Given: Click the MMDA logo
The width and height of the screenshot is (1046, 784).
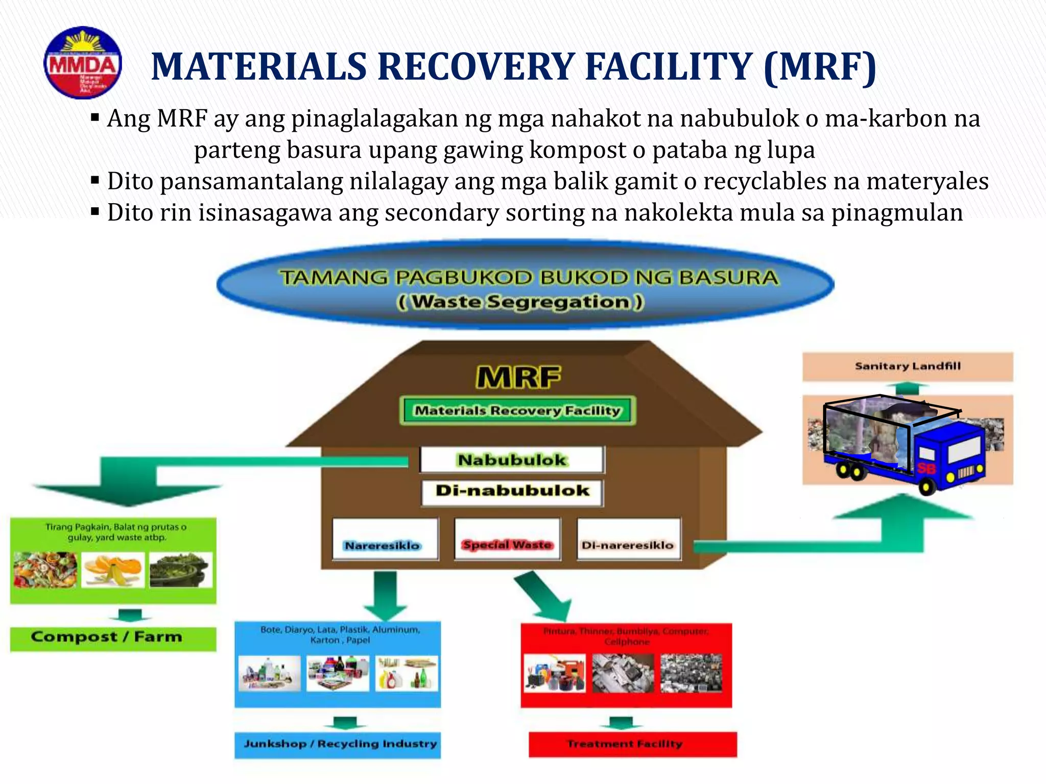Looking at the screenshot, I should click(x=83, y=63).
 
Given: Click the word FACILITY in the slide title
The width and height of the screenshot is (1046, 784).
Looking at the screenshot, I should click(x=669, y=67).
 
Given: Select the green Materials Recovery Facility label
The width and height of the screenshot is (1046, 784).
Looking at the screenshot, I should click(x=517, y=410).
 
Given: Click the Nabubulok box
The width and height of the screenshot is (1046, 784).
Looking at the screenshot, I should click(x=512, y=459).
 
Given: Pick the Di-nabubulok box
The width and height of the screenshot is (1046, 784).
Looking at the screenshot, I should click(x=512, y=491).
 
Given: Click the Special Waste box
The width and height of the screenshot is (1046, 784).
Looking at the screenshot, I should click(x=507, y=545).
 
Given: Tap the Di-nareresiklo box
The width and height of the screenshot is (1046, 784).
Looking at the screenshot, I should click(x=628, y=545).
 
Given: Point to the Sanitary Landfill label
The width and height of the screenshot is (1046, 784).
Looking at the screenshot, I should click(x=907, y=366).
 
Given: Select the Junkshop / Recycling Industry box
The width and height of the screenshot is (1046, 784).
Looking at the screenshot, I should click(x=338, y=744).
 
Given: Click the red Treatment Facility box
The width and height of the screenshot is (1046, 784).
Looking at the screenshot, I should click(x=632, y=744).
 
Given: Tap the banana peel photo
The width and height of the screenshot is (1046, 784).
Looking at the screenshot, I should click(x=113, y=570).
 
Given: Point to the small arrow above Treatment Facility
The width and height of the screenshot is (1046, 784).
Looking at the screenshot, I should click(x=622, y=722).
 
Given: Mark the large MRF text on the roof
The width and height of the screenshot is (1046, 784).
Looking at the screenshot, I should click(x=518, y=378).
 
